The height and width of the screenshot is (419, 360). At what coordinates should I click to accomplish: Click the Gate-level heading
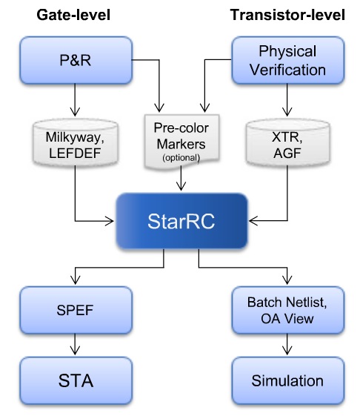tap(73, 15)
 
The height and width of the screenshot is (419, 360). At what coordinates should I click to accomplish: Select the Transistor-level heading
tap(287, 15)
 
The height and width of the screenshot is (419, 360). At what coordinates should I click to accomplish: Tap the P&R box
tap(76, 60)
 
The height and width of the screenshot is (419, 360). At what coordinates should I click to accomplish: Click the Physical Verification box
tap(288, 60)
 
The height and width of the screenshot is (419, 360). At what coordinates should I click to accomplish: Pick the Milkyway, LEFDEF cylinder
tap(76, 143)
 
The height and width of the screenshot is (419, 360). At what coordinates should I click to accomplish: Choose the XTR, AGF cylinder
tap(288, 143)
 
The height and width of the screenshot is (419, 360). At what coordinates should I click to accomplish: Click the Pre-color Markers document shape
tap(181, 142)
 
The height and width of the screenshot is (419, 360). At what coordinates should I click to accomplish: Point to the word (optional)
tap(181, 158)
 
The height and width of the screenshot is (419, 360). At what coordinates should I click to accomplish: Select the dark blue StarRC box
tap(181, 221)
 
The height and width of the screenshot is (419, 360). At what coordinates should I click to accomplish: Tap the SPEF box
tap(76, 310)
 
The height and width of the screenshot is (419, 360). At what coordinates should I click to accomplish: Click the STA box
tap(76, 380)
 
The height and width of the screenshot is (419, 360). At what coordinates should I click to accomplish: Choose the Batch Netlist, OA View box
tap(288, 310)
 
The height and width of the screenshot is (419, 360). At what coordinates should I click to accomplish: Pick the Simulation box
tap(288, 380)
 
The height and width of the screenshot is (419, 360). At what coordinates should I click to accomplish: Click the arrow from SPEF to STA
tap(75, 344)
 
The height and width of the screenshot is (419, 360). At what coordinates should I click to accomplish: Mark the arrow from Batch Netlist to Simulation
tap(287, 344)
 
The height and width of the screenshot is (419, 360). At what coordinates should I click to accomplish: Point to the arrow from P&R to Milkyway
tap(75, 100)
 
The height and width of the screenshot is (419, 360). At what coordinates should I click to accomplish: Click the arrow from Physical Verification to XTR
tap(287, 100)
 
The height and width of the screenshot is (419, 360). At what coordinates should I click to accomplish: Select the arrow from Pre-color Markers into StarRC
tap(181, 178)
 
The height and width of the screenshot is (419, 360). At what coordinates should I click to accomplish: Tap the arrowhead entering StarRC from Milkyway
tap(110, 221)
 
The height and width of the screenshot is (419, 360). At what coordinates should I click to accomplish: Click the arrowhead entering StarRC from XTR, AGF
tap(253, 221)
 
